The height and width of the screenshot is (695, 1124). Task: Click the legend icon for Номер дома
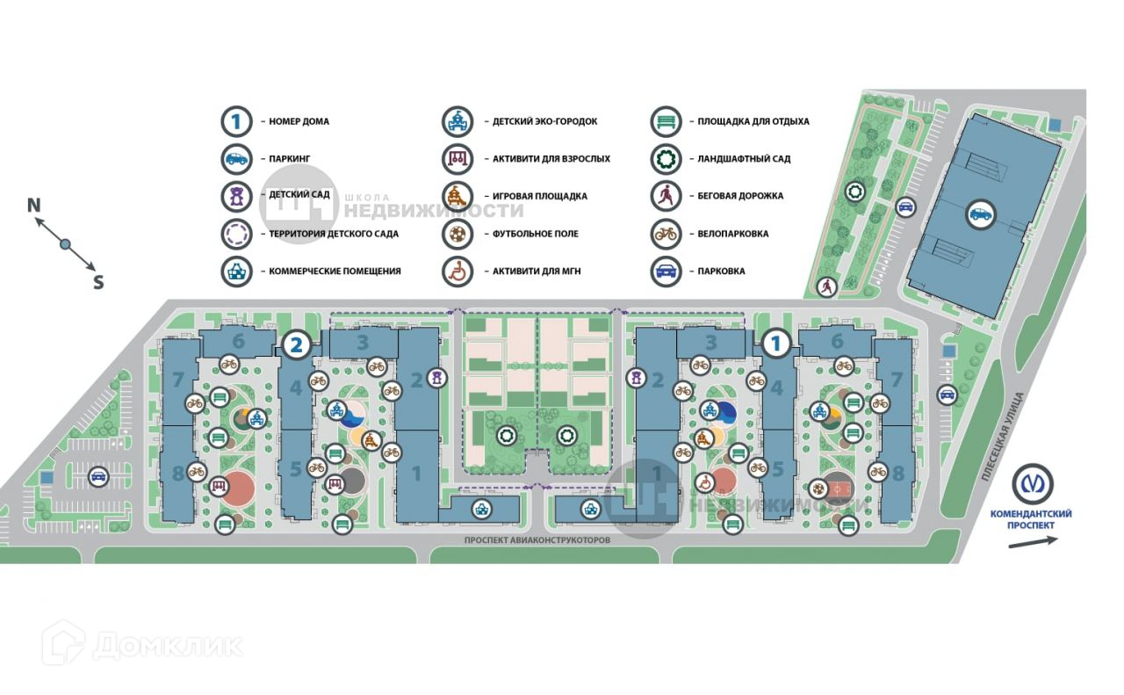tap(236, 121)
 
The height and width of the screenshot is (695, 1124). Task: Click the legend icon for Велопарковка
tap(666, 234)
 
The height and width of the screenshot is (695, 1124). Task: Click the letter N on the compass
tap(34, 206)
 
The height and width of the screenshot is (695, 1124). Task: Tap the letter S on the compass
tap(98, 282)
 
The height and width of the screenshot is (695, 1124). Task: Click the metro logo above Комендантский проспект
tap(1032, 484)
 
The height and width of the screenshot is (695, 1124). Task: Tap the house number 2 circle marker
tap(297, 344)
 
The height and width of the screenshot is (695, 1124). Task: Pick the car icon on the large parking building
tap(980, 214)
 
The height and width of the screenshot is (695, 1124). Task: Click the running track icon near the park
tap(826, 286)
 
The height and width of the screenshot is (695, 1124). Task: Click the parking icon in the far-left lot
tap(98, 477)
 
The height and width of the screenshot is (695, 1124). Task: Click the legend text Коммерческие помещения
tap(329, 271)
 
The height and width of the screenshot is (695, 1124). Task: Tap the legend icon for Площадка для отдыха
tap(666, 121)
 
